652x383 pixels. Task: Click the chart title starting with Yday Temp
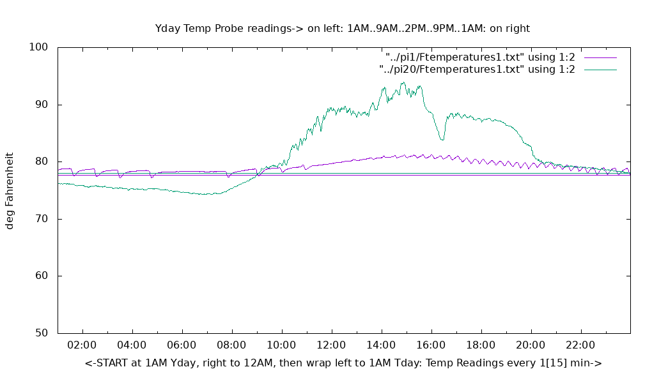[342, 28]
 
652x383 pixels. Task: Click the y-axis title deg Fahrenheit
[10, 190]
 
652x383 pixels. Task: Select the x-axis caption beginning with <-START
[343, 363]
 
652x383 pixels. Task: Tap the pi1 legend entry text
[480, 57]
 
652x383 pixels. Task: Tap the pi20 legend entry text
[477, 69]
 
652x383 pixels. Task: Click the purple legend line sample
[599, 57]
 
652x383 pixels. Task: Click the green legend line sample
[599, 70]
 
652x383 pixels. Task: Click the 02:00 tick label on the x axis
[82, 345]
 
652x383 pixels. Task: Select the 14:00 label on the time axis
[382, 345]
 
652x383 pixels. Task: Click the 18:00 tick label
[481, 345]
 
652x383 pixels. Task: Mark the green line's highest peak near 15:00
[403, 82]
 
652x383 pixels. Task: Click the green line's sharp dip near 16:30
[442, 139]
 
